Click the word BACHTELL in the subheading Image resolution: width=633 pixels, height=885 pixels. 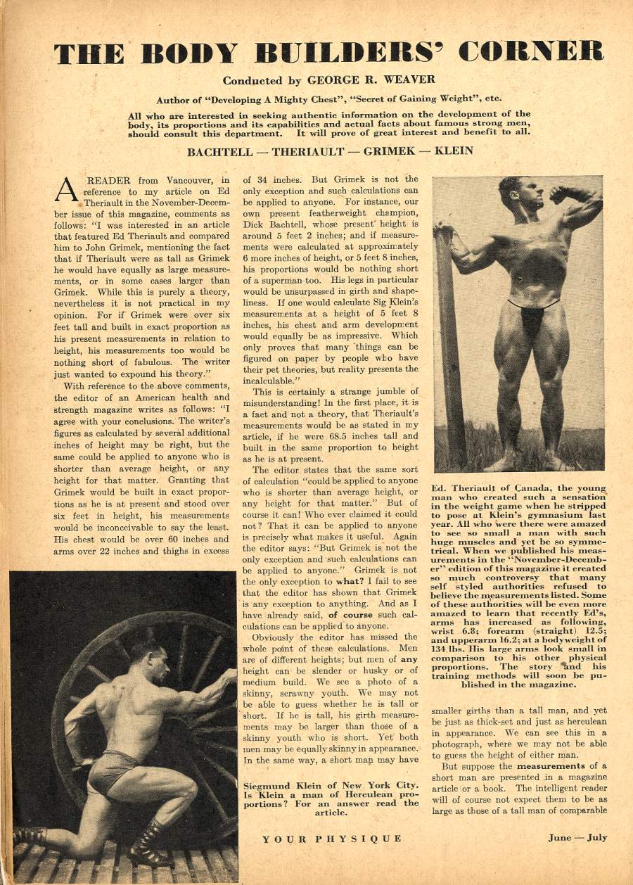coord(220,151)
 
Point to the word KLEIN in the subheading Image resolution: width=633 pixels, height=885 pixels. coord(454,151)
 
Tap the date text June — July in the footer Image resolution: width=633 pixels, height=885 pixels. coord(577,838)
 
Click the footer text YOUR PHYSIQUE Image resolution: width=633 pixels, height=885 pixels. coord(332,839)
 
